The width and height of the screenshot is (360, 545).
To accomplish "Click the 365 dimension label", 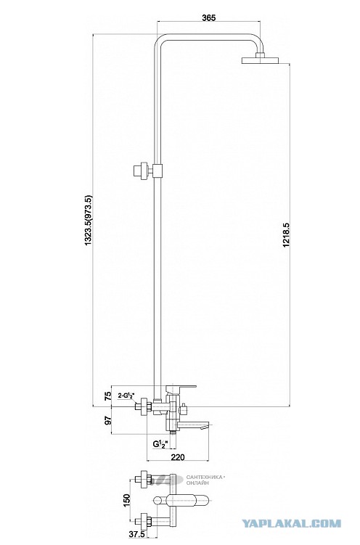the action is tap(209, 17).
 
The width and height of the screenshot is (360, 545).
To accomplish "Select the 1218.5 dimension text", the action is tap(286, 235).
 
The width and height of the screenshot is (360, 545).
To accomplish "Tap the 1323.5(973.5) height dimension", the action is tap(89, 221).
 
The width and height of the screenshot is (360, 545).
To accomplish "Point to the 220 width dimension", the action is tap(178, 457).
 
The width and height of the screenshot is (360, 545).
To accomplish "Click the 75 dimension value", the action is tap(108, 396).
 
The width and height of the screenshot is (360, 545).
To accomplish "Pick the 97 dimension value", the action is tap(108, 420).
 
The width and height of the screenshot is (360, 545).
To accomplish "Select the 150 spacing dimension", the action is tap(127, 500).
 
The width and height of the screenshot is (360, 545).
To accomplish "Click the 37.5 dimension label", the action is tap(136, 535).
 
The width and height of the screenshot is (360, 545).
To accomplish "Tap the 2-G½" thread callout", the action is tap(126, 396).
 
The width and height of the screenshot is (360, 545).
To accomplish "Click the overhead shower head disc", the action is tap(261, 60).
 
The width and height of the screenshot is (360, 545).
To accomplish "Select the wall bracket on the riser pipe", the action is tap(147, 171).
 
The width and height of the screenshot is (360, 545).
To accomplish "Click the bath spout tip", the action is tap(209, 425).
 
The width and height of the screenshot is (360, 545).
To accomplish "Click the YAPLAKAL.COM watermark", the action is tap(291, 523).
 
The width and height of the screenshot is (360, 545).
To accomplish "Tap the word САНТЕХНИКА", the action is tap(205, 478).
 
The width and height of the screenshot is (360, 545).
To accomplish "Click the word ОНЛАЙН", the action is tap(197, 483).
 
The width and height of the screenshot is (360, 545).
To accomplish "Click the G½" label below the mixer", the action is tap(160, 444).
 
